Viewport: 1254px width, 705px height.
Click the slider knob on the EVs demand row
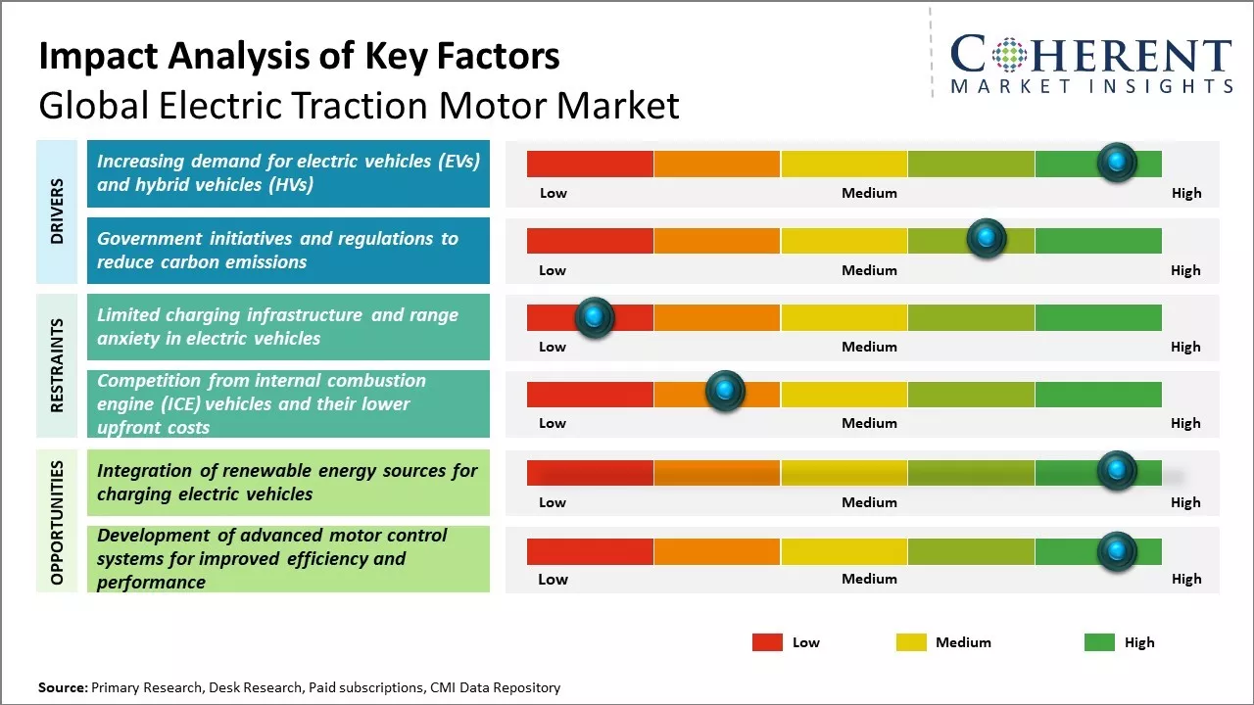[1116, 163]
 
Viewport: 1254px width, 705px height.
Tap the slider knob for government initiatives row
[987, 239]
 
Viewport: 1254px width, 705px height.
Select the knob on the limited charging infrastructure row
[594, 316]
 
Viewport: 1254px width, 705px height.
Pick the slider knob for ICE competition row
[725, 392]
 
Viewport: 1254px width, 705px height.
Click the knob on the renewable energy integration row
[1116, 471]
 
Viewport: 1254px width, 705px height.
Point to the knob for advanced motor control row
[1116, 551]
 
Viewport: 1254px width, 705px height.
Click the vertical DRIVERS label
[57, 211]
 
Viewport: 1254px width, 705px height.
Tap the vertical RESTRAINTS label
[57, 365]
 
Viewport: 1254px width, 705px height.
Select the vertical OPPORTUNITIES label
[57, 522]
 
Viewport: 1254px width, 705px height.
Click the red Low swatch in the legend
[767, 642]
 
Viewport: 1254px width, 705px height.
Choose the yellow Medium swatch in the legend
[911, 642]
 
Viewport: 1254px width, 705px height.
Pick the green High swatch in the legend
[1099, 642]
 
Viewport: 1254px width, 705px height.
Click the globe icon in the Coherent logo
[1008, 56]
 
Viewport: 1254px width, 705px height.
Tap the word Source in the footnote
[62, 688]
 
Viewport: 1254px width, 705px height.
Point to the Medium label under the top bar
[869, 193]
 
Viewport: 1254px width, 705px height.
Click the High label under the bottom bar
[1185, 579]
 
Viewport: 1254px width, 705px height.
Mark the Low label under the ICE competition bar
[553, 423]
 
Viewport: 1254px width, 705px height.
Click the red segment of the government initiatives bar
[590, 241]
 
